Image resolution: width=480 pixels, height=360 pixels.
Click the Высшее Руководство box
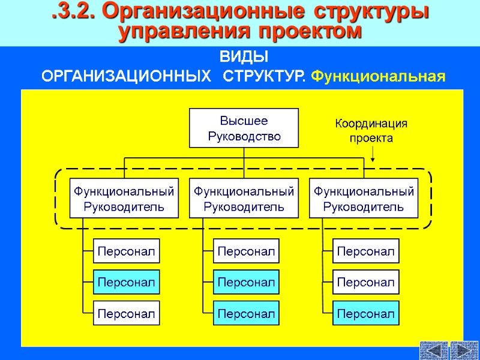coord(244,128)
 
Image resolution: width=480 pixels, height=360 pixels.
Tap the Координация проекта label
coord(371,131)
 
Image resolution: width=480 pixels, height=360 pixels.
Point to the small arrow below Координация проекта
coord(373,155)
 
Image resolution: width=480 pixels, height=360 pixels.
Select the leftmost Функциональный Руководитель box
coord(124,199)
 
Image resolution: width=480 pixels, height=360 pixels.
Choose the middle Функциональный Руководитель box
coord(244,199)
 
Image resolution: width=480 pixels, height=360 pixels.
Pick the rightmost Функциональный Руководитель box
coord(364,199)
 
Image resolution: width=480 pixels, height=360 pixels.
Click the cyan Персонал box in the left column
coord(127,282)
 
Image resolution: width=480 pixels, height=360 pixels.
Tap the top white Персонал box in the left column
coord(127,251)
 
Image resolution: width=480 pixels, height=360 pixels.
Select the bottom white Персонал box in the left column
coord(127,313)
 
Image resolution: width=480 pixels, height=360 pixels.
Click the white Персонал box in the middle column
coord(246,251)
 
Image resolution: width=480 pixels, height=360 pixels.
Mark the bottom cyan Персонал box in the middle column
coord(246,313)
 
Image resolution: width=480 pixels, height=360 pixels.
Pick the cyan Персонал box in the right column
coord(366,313)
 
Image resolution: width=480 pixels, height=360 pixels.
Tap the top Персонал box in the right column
coord(366,251)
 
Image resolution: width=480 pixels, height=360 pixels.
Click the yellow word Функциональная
coord(379,77)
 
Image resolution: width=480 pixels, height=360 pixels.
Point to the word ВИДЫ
coord(244,58)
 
